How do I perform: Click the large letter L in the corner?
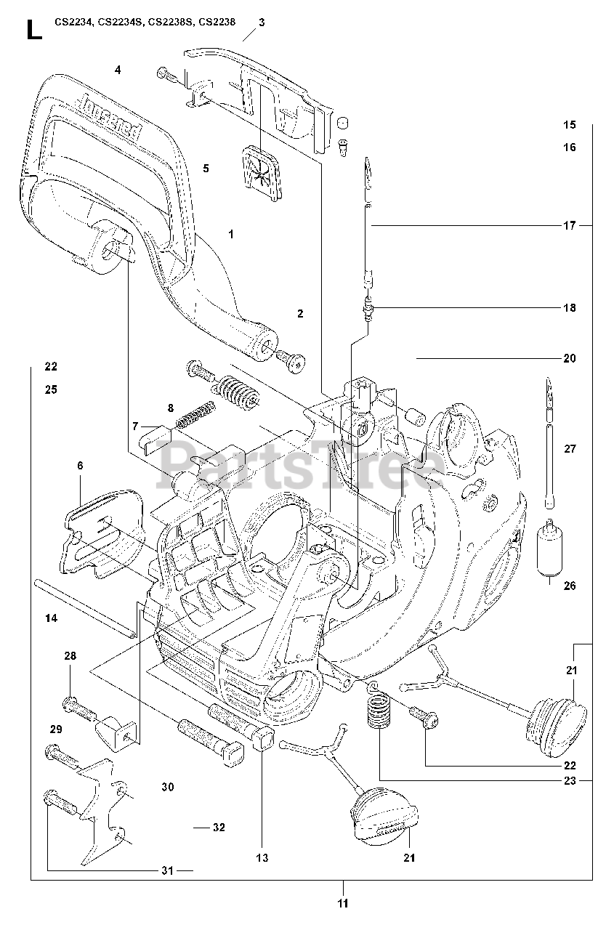(x=32, y=30)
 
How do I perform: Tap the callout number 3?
(x=261, y=22)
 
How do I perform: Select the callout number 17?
(x=569, y=225)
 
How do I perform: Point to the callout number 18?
(x=569, y=307)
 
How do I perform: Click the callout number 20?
(x=569, y=357)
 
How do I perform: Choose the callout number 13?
(x=262, y=857)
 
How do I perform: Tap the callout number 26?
(x=569, y=585)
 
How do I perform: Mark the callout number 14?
(x=50, y=618)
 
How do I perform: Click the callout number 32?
(x=219, y=827)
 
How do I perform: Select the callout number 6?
(x=80, y=466)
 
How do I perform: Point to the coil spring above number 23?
(x=376, y=711)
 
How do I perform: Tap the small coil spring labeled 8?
(x=195, y=416)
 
